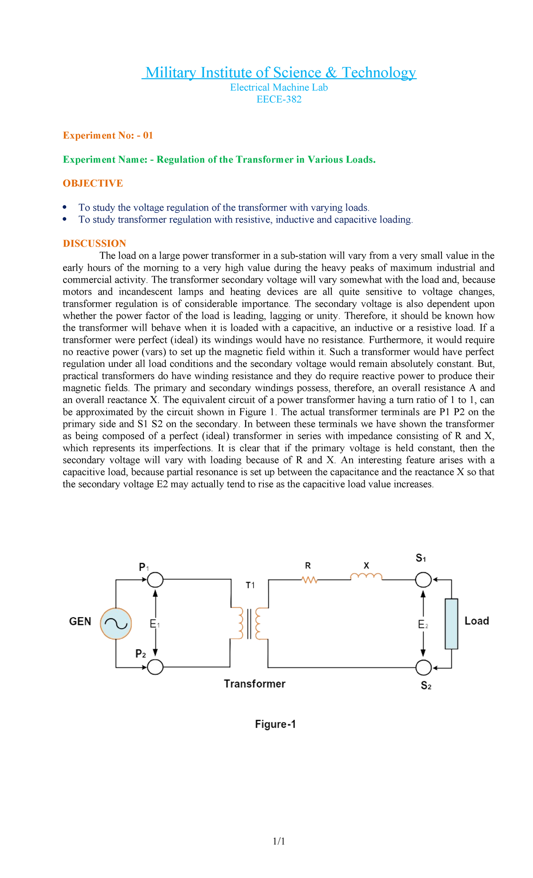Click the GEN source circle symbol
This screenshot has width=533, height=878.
116,623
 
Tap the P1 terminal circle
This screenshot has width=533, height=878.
155,580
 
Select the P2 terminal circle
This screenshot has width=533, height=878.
155,667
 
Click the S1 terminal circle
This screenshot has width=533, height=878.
423,579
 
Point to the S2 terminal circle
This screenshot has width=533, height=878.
424,667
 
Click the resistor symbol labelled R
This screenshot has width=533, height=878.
309,580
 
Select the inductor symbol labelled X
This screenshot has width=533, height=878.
366,577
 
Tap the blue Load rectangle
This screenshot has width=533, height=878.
451,623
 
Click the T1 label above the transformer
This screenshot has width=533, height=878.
251,585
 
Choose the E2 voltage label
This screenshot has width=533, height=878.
423,625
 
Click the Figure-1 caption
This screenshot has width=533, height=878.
275,724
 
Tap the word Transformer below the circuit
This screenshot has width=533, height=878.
255,684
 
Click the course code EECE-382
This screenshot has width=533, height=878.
279,100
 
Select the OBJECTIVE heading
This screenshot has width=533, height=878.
93,184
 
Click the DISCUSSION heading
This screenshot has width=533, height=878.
95,243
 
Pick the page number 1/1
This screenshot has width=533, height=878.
279,841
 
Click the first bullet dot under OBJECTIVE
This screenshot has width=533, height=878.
65,208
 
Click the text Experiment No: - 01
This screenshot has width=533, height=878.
108,136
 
